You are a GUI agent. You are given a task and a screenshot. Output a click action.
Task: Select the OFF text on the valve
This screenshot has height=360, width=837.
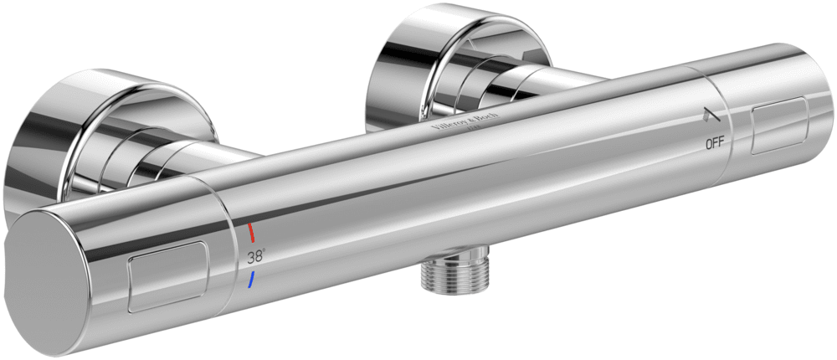714,143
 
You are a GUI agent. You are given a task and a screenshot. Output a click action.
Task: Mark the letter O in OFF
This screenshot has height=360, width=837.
708,143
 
